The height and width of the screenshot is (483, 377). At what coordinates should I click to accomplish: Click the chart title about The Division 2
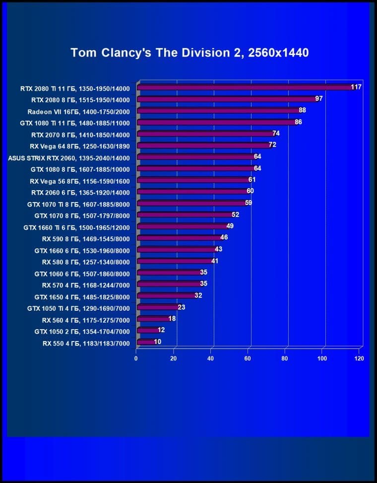tap(189, 53)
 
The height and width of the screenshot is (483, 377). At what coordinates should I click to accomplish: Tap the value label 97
tap(319, 99)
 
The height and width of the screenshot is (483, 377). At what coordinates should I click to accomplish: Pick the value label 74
tap(276, 134)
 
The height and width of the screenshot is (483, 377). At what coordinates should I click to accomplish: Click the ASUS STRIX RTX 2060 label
tap(69, 158)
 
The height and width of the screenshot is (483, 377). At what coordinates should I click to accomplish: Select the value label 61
tap(252, 180)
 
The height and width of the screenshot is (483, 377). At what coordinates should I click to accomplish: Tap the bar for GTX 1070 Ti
tap(190, 203)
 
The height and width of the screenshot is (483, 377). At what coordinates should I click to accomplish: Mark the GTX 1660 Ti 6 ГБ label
tap(76, 227)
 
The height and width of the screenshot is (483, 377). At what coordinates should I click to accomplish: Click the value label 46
tap(224, 238)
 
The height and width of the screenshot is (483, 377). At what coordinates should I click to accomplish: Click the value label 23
tap(182, 307)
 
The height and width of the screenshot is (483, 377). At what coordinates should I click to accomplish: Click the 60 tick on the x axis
tap(248, 358)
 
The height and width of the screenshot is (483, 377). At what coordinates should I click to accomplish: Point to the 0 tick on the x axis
tap(136, 358)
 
